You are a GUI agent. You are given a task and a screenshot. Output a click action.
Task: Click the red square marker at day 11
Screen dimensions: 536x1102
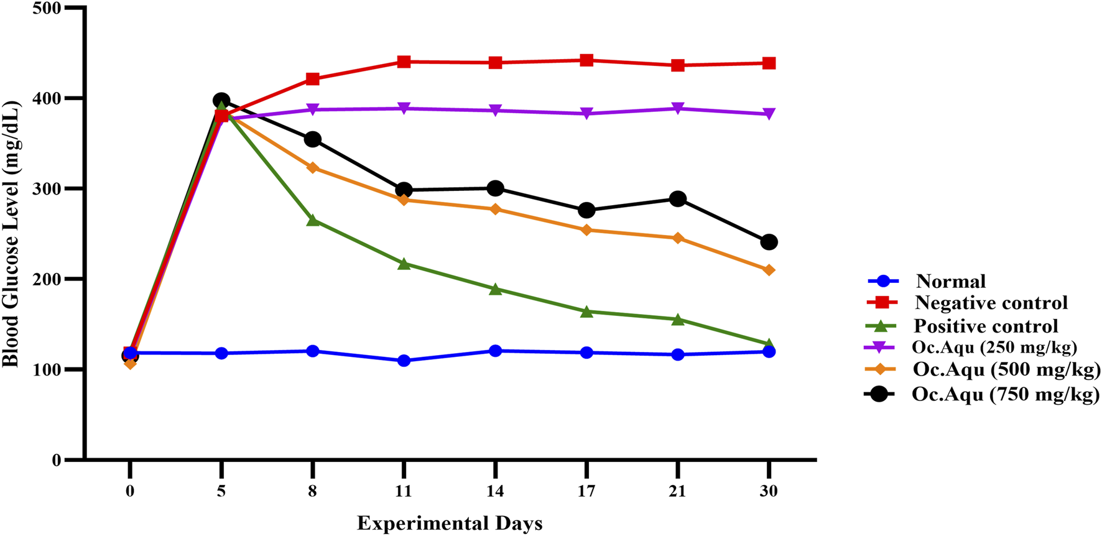click(x=404, y=62)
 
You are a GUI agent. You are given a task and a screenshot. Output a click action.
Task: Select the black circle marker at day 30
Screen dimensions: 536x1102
click(x=769, y=242)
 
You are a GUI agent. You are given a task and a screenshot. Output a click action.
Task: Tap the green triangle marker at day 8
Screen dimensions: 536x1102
click(x=312, y=220)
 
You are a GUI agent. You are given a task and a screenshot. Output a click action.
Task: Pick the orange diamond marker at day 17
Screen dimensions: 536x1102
click(x=586, y=230)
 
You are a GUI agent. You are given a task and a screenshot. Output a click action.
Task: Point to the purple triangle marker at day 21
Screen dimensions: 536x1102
click(x=677, y=109)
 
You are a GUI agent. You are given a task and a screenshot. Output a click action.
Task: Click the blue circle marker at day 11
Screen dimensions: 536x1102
click(x=404, y=361)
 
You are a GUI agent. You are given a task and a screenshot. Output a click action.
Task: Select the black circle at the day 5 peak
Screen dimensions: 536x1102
click(x=221, y=101)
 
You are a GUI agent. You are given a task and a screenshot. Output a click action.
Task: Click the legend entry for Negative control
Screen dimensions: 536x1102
click(x=991, y=303)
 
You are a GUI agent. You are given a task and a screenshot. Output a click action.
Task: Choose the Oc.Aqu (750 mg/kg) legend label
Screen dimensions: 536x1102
click(x=1005, y=394)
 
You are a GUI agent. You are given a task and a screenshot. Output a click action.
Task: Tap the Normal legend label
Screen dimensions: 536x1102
click(x=950, y=281)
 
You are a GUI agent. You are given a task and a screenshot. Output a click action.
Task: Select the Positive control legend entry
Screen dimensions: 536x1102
click(x=985, y=326)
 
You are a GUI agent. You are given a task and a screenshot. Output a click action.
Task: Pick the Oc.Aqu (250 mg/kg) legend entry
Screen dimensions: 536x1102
click(x=994, y=347)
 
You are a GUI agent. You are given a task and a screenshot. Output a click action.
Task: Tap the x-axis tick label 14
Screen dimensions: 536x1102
click(x=495, y=491)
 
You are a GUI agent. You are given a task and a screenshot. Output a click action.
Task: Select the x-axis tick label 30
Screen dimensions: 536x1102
click(x=769, y=491)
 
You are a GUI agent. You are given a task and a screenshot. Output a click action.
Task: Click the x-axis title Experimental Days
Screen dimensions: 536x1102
click(x=450, y=523)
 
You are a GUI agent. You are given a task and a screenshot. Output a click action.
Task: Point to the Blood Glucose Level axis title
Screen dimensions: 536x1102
click(x=11, y=233)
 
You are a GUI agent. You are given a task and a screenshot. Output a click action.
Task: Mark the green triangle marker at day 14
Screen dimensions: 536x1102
click(x=495, y=289)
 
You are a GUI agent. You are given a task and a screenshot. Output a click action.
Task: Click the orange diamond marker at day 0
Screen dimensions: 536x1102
click(x=130, y=363)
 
